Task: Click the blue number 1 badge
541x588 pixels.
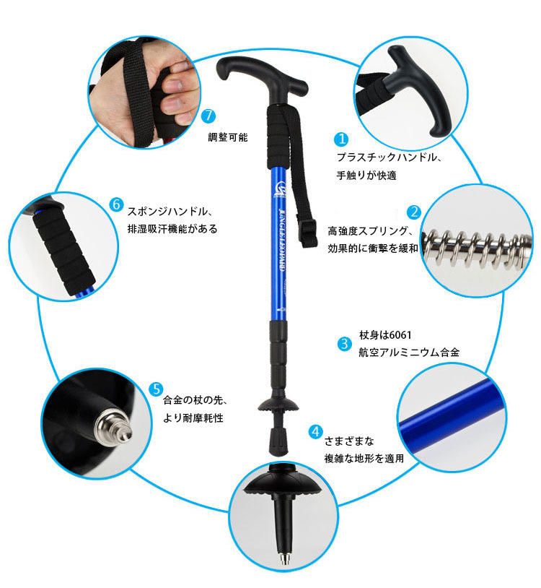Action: click(341, 139)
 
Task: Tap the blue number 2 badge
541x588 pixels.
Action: click(414, 212)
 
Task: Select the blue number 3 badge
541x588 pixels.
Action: click(344, 344)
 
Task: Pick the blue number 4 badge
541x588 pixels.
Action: click(316, 432)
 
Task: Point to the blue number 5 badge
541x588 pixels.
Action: click(156, 389)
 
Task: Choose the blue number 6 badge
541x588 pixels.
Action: click(116, 204)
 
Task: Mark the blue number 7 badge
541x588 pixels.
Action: click(208, 116)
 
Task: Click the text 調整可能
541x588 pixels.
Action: click(228, 137)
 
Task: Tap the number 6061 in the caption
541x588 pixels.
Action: click(400, 335)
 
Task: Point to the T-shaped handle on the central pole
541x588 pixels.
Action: click(261, 79)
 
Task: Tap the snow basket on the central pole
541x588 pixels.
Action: click(278, 405)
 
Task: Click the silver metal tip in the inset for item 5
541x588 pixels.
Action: click(114, 428)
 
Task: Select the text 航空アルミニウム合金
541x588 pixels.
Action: click(409, 353)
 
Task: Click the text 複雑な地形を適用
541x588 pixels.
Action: click(364, 458)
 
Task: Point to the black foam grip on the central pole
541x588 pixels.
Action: click(278, 137)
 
